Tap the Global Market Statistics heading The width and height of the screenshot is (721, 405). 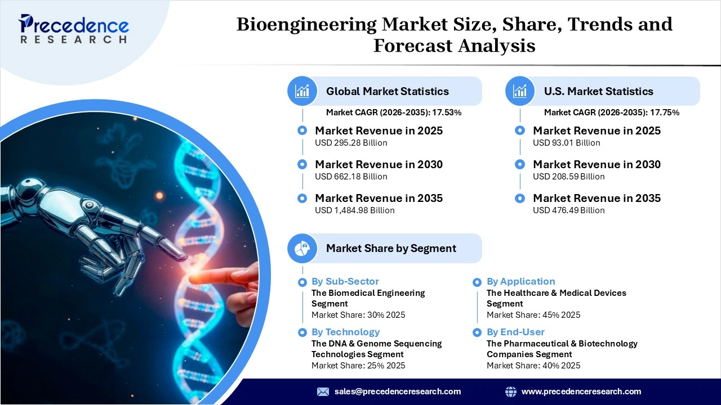387,91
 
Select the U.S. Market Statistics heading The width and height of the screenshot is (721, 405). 598,91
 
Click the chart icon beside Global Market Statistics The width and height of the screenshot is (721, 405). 302,91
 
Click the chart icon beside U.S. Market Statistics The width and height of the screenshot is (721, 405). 520,91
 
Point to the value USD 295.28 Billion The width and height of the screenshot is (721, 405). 351,143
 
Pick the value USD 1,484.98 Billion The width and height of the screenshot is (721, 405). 354,210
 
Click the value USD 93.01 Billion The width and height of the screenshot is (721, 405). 566,143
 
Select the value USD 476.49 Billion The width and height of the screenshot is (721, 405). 568,210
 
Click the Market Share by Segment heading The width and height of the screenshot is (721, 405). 391,248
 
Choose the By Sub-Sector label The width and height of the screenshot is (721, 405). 345,281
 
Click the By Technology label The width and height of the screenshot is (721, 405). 345,332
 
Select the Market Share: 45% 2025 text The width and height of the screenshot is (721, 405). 533,315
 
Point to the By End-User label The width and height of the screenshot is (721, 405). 515,332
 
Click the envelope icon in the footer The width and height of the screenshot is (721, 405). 323,391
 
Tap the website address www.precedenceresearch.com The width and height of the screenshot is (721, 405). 581,391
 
